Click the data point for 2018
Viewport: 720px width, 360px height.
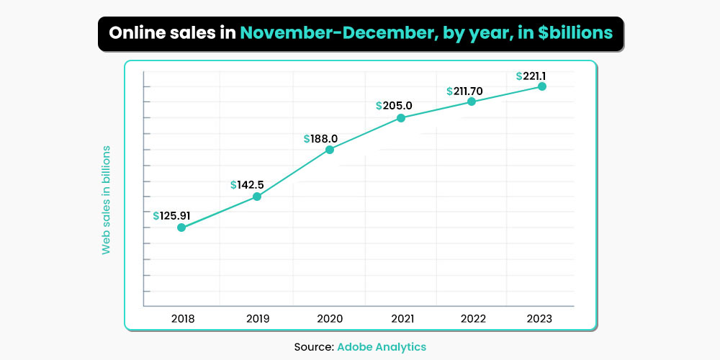click(x=181, y=228)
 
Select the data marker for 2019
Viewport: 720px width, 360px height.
click(x=257, y=197)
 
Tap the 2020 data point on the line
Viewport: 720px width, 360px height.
click(x=330, y=150)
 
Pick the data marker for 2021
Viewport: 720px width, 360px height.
click(x=401, y=118)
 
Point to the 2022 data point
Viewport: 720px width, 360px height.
click(x=472, y=102)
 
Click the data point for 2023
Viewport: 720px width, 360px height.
click(x=542, y=86)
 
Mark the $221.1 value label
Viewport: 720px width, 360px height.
click(x=536, y=75)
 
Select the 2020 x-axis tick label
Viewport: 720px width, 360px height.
click(x=330, y=319)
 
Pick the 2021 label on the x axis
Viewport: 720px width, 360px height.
click(x=401, y=319)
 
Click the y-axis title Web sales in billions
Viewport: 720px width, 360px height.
click(x=106, y=199)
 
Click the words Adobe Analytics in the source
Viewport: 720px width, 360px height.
click(x=382, y=347)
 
